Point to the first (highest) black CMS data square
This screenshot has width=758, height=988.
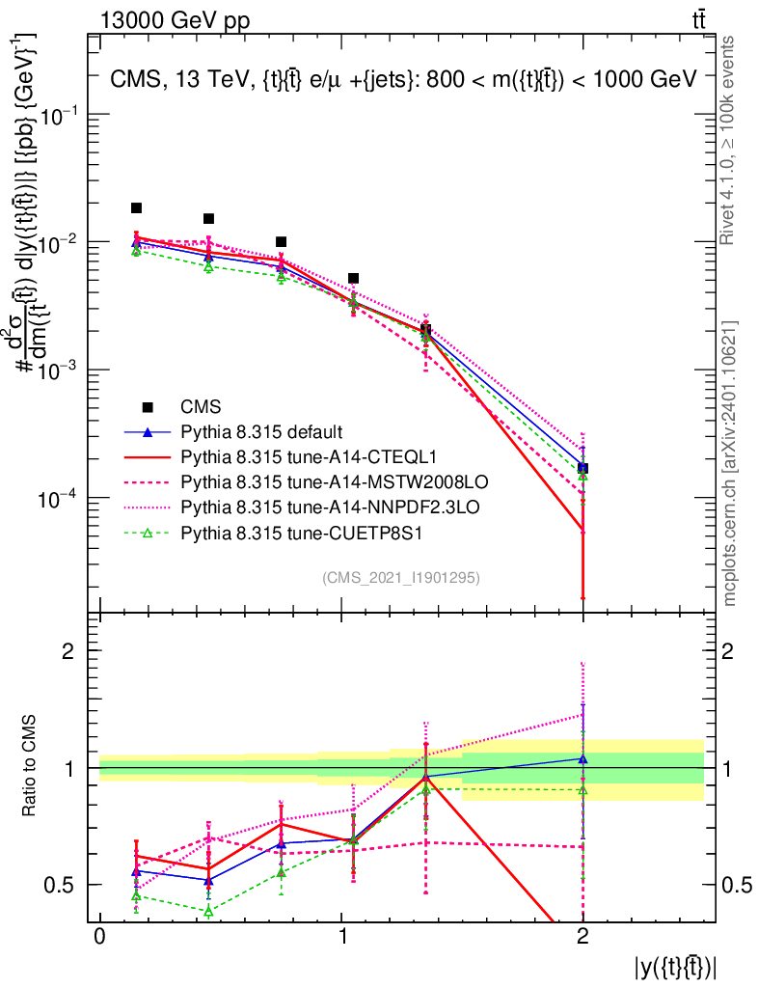pos(137,208)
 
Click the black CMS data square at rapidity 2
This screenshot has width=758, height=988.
pos(582,468)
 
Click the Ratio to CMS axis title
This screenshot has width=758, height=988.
pos(31,767)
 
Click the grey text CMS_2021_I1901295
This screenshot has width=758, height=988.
pos(401,577)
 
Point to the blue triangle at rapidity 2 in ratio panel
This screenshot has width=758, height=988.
pos(582,759)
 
